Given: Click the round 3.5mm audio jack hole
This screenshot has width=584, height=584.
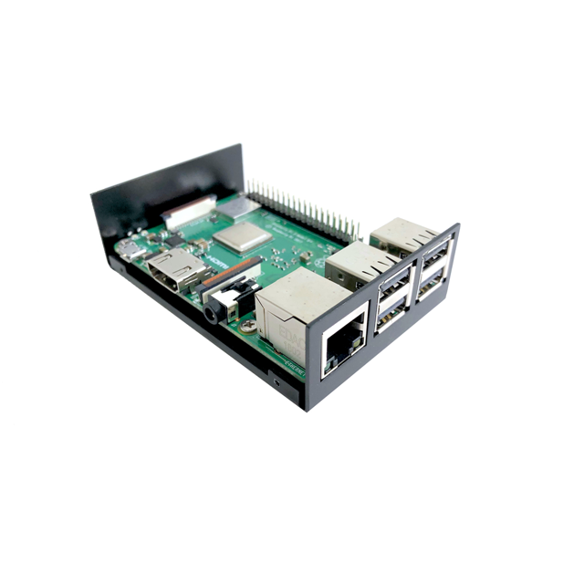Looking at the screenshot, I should (x=212, y=313).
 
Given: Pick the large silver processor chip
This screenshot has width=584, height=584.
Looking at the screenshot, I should (x=242, y=237).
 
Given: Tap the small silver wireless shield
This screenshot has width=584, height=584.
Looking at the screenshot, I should (x=240, y=208).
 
